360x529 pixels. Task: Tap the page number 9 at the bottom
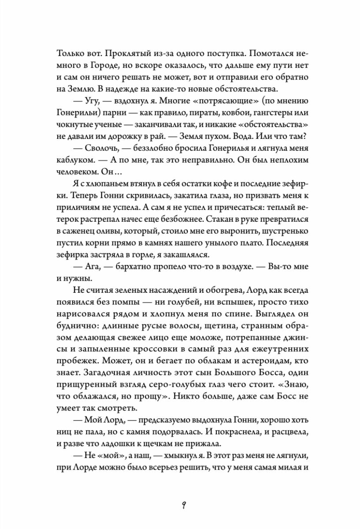[180, 503]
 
